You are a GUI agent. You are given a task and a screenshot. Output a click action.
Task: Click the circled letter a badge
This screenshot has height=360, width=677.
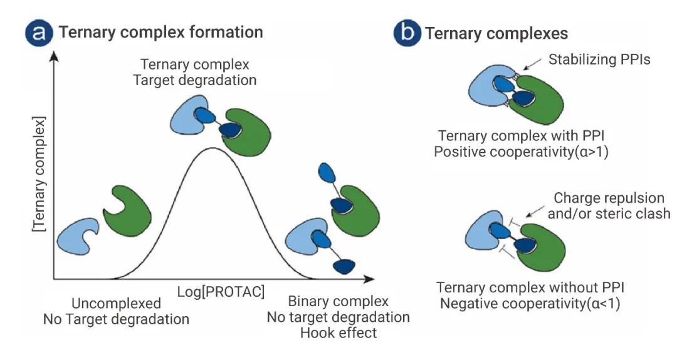tap(38, 33)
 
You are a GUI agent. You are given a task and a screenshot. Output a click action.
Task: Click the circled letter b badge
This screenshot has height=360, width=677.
tap(407, 33)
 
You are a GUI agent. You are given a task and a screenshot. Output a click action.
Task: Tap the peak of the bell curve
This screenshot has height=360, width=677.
tap(212, 148)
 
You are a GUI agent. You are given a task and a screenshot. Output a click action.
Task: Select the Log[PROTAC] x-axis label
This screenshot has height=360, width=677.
tap(221, 292)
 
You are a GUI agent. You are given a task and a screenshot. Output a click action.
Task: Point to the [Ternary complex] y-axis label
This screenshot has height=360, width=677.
tap(39, 174)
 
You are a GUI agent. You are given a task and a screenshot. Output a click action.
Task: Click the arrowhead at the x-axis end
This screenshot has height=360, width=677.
tap(369, 279)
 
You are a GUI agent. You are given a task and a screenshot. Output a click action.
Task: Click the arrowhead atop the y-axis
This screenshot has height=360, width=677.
tap(54, 56)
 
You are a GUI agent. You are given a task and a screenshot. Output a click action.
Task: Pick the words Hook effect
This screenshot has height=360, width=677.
tap(338, 333)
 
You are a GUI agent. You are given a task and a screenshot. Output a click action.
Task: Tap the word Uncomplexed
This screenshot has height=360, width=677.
tap(116, 303)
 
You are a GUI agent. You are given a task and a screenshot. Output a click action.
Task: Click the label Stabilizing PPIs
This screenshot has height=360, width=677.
tap(599, 59)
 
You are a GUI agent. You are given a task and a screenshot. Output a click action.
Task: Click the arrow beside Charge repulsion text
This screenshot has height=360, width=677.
tap(535, 211)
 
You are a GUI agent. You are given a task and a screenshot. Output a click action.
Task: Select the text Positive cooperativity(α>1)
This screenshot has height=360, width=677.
tap(521, 152)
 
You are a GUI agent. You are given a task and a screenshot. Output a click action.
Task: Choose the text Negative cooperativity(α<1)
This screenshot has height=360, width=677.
tap(530, 304)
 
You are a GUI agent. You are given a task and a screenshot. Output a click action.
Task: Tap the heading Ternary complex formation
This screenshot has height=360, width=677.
tap(160, 33)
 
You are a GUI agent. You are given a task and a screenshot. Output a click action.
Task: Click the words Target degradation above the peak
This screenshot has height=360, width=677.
tap(195, 80)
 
